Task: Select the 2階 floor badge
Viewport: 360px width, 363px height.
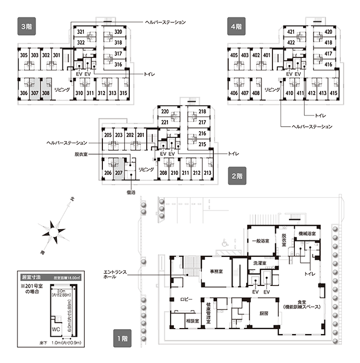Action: point(237,177)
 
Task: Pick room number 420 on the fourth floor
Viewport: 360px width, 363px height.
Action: point(328,32)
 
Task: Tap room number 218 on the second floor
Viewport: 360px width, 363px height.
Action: point(202,112)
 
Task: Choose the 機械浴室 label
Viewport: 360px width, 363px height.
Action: point(310,233)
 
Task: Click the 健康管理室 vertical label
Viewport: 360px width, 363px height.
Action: point(208,315)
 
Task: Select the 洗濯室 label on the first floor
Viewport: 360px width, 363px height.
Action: point(259,264)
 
